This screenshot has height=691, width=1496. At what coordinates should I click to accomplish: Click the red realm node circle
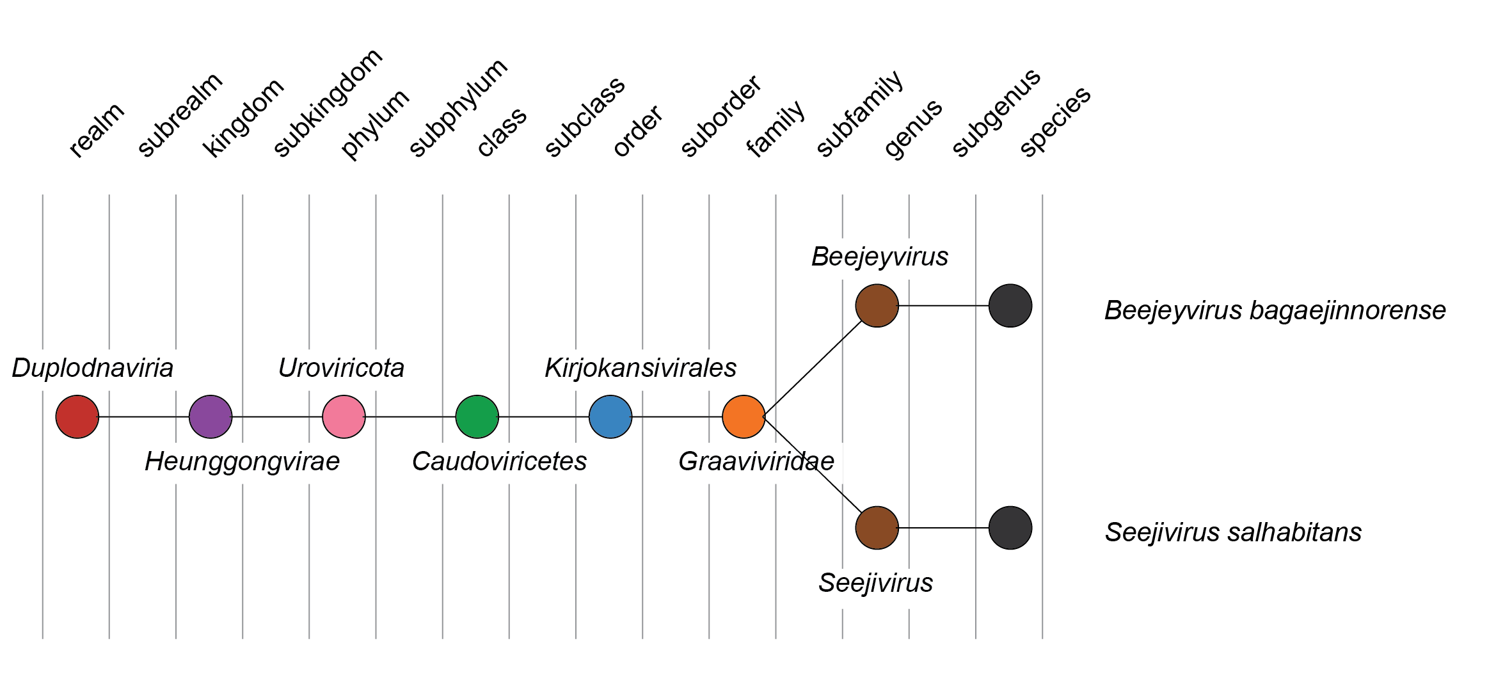click(77, 417)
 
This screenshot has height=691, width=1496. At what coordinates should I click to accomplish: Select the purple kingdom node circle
click(211, 417)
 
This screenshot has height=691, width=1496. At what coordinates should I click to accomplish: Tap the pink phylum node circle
click(344, 417)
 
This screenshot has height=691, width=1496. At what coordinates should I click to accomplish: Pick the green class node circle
click(477, 417)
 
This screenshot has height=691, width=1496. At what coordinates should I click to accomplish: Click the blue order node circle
click(610, 417)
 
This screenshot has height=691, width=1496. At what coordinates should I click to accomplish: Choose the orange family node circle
click(744, 417)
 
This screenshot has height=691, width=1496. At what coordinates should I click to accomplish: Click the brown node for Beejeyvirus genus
click(877, 306)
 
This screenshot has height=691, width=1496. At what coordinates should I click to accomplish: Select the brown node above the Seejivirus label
click(877, 528)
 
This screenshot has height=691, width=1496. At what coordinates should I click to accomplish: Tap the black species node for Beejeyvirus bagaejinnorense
click(1010, 306)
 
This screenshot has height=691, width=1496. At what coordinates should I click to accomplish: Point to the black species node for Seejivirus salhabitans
click(1010, 528)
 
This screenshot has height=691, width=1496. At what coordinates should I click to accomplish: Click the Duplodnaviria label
click(93, 369)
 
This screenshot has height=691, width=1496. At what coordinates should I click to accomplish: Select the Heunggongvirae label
click(242, 462)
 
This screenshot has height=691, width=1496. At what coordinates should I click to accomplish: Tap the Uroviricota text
click(341, 369)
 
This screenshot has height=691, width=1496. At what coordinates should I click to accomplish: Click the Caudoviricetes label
click(499, 462)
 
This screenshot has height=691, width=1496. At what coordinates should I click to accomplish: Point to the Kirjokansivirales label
click(641, 369)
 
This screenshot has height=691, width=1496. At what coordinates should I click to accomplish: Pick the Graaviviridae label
click(756, 462)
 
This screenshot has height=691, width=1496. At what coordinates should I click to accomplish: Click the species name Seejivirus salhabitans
click(1233, 532)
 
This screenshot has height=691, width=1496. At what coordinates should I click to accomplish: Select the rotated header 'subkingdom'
click(328, 103)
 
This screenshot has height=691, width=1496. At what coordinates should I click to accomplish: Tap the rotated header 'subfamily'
click(859, 115)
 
